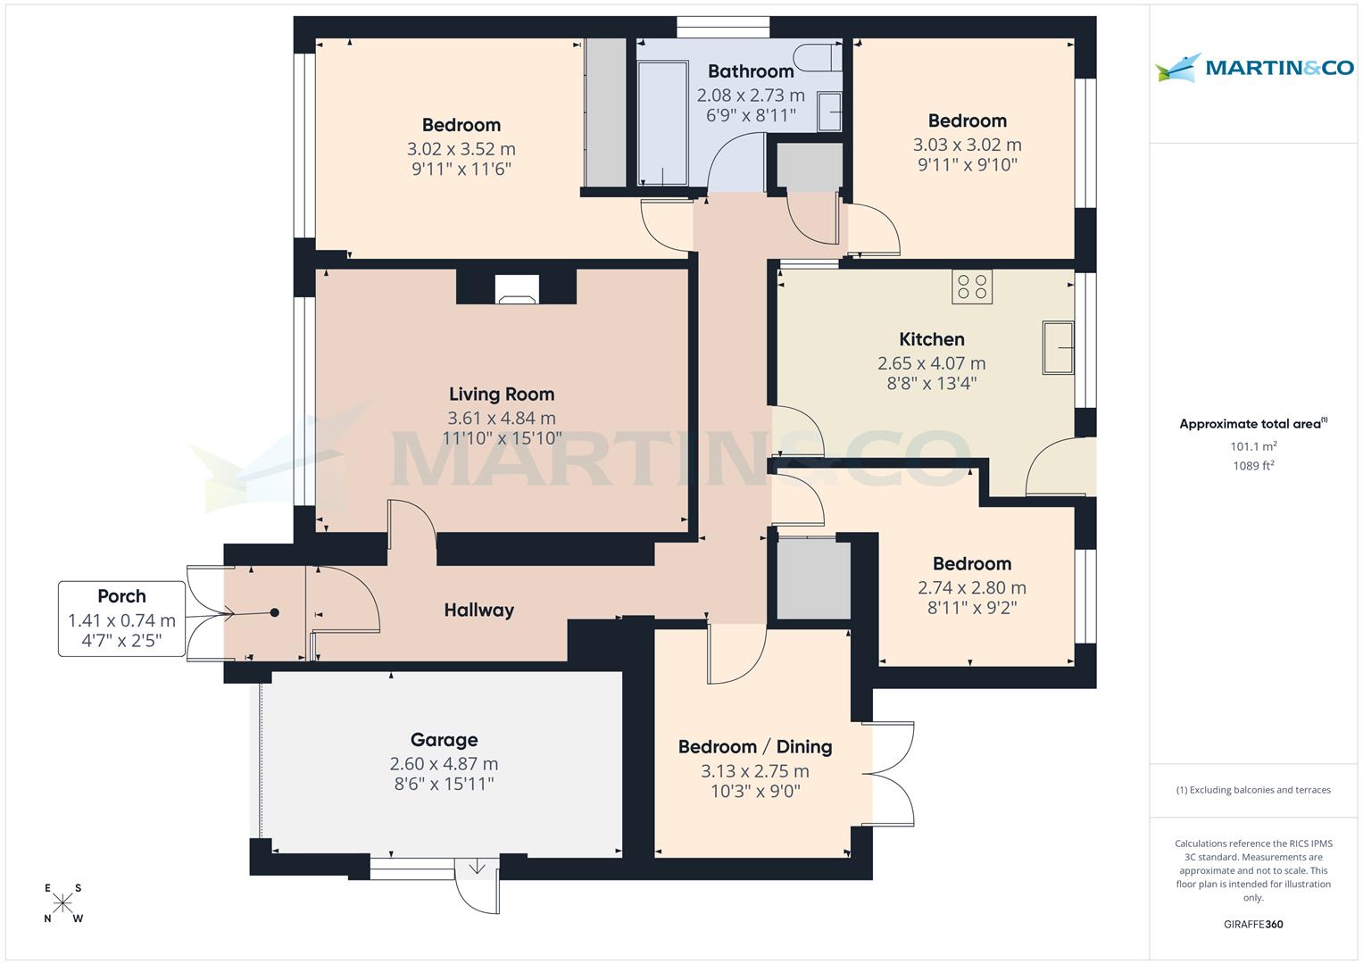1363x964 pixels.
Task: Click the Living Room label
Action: click(x=501, y=395)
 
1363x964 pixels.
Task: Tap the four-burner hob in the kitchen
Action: click(x=972, y=287)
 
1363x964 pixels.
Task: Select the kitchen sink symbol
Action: click(x=1058, y=347)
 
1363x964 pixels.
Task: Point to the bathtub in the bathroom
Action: click(x=662, y=122)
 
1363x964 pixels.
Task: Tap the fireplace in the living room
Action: click(x=517, y=288)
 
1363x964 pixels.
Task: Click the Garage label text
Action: click(x=444, y=740)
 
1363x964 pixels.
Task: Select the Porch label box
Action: click(x=121, y=619)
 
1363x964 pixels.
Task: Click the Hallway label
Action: click(x=479, y=611)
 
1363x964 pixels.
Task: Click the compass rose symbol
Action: click(x=62, y=903)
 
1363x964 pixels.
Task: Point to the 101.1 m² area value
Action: click(x=1253, y=446)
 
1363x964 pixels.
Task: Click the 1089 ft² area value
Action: click(x=1253, y=466)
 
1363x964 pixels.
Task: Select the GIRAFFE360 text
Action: click(x=1253, y=925)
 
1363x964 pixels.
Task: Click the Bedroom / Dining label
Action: click(x=755, y=747)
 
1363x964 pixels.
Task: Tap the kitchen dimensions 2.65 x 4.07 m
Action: click(x=931, y=363)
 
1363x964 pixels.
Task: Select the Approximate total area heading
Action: click(x=1251, y=424)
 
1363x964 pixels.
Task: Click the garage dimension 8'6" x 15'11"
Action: click(x=444, y=785)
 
